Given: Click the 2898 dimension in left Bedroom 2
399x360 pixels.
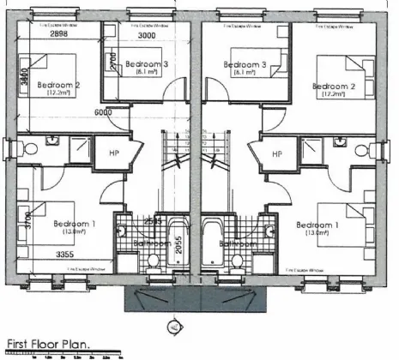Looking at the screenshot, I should coord(35,36).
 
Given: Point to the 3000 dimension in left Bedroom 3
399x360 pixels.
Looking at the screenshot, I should coord(148,36).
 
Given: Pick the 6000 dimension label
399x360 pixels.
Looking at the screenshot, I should coord(104,112).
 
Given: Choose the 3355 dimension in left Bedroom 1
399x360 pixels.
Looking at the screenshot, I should coord(45,255).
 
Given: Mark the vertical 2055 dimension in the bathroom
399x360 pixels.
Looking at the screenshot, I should coord(178,243).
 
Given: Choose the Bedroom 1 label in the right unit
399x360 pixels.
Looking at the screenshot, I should coord(317,225).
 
